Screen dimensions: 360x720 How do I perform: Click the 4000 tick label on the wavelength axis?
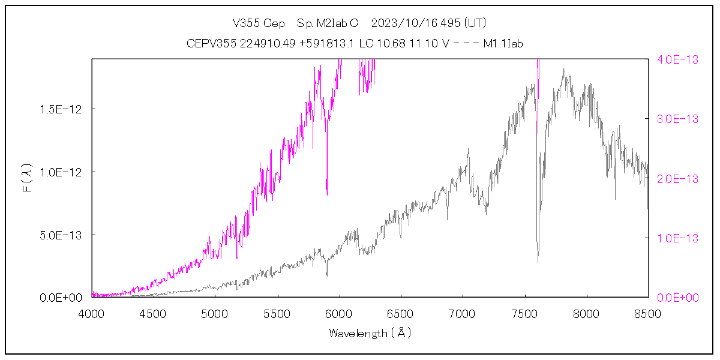point(92,314)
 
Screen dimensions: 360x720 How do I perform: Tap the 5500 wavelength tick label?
point(278,314)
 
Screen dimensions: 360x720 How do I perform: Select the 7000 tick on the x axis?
point(463,314)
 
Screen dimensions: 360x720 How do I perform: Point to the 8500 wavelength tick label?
point(648,314)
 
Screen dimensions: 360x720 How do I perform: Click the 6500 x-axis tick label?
point(401,314)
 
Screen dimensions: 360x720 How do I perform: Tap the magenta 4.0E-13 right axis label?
point(678,59)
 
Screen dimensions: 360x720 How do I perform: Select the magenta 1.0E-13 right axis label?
point(678,238)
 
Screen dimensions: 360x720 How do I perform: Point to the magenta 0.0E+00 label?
point(678,298)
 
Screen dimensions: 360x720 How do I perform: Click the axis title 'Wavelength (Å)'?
point(370,333)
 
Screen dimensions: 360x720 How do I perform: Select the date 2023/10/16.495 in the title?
point(416,23)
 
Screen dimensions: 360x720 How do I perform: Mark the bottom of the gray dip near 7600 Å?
point(538,261)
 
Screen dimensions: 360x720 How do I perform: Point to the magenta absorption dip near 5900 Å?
point(326,193)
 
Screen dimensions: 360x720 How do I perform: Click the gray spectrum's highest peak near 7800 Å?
point(564,70)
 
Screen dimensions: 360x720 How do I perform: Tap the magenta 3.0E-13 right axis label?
point(678,119)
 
